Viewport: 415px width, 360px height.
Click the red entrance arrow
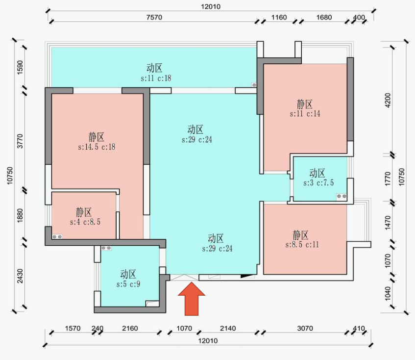click(x=192, y=299)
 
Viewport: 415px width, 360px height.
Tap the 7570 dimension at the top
click(x=154, y=18)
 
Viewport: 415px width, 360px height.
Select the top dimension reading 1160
click(x=279, y=18)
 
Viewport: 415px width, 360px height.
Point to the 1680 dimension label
click(x=324, y=18)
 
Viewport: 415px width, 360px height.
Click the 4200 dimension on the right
click(x=388, y=100)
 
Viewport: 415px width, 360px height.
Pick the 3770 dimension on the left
click(x=20, y=141)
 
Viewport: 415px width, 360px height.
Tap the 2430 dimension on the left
click(x=20, y=276)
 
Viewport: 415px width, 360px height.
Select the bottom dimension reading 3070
click(x=305, y=329)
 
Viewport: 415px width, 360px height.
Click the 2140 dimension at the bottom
click(x=228, y=329)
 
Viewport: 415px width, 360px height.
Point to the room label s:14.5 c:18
click(x=97, y=147)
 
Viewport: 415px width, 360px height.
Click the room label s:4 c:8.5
click(x=85, y=222)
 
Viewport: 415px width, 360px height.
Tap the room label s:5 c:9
click(x=128, y=284)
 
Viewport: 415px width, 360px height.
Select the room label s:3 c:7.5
click(x=318, y=183)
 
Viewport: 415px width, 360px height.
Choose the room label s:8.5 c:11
click(x=302, y=245)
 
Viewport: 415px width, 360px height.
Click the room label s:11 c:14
click(x=305, y=114)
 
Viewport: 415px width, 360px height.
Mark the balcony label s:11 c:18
click(x=156, y=78)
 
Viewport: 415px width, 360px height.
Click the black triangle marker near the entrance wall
click(x=245, y=276)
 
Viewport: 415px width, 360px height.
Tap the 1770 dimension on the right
click(x=388, y=179)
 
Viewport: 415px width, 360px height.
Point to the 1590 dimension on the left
click(x=20, y=67)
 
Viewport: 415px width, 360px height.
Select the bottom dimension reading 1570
click(x=73, y=329)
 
